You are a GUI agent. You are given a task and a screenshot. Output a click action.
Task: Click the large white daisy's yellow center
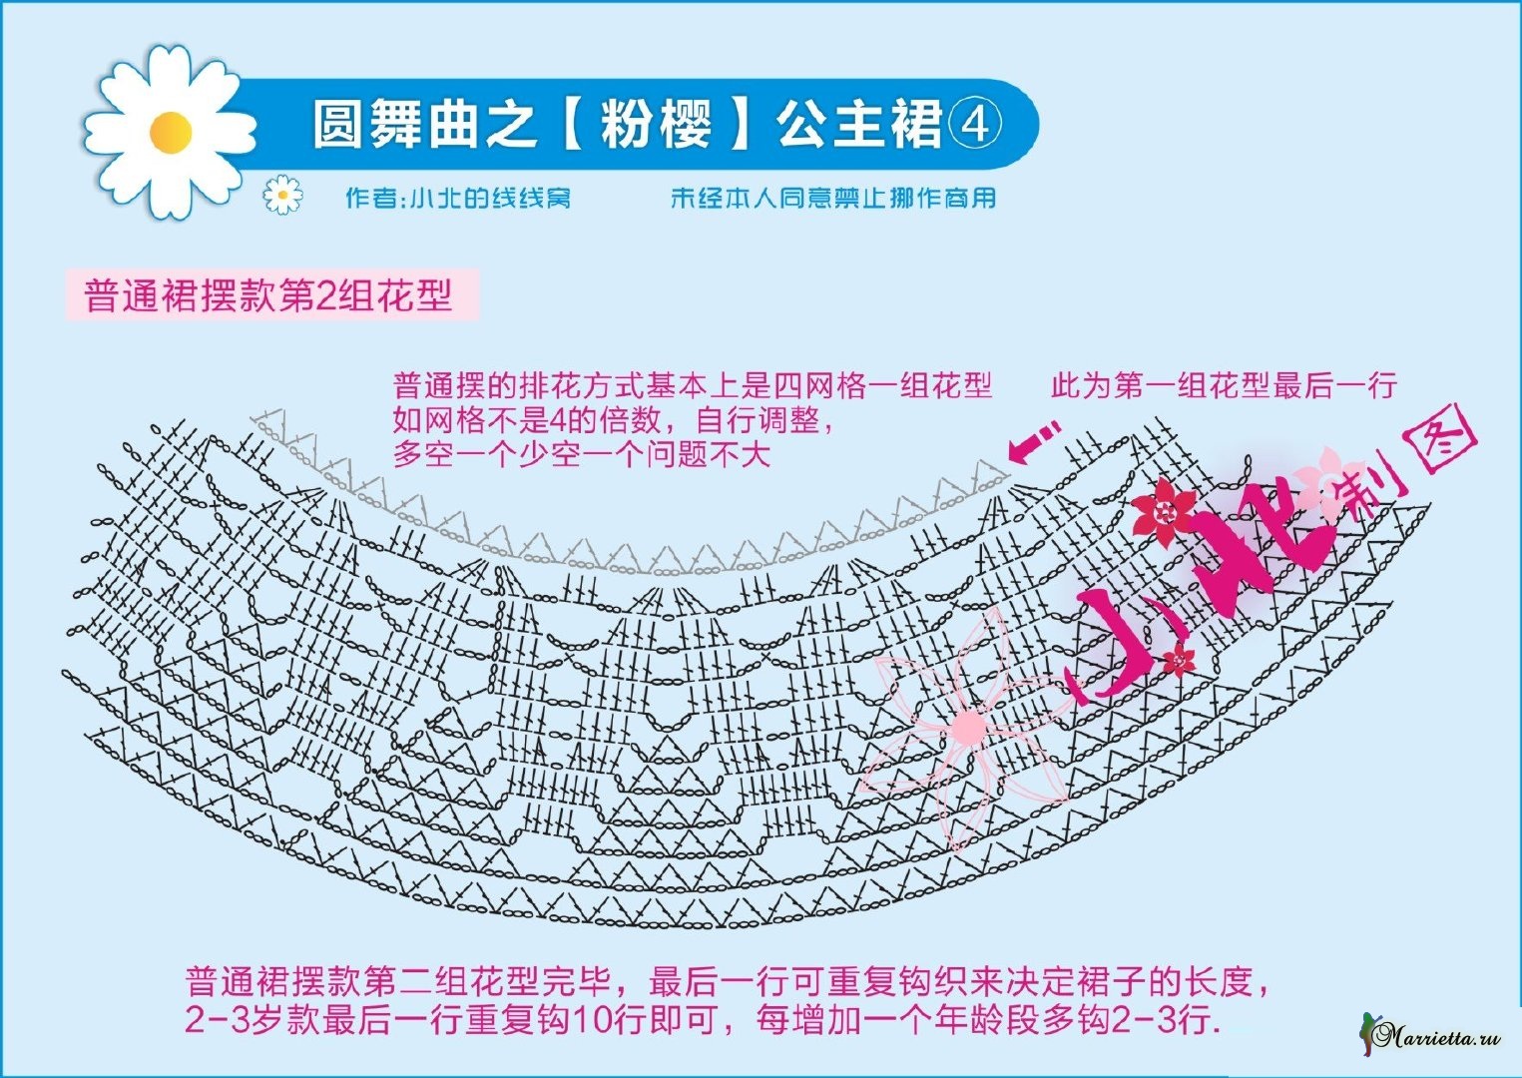pyautogui.click(x=171, y=131)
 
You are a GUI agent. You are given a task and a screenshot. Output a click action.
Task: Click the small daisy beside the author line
pyautogui.click(x=282, y=195)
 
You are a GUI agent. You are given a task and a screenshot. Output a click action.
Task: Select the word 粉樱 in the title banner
pyautogui.click(x=656, y=126)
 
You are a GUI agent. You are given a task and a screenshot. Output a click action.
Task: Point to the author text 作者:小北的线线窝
pyautogui.click(x=458, y=198)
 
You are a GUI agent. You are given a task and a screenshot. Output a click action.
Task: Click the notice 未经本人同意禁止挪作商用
pyautogui.click(x=833, y=198)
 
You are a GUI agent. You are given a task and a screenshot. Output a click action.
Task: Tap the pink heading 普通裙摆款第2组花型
pyautogui.click(x=268, y=295)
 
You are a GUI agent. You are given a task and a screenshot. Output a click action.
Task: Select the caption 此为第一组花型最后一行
pyautogui.click(x=1224, y=385)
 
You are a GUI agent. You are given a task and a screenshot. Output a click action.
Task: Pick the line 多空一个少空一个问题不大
pyautogui.click(x=582, y=454)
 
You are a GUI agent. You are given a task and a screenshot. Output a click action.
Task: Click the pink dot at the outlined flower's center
pyautogui.click(x=967, y=726)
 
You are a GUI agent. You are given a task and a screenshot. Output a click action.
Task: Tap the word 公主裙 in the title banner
pyautogui.click(x=859, y=126)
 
